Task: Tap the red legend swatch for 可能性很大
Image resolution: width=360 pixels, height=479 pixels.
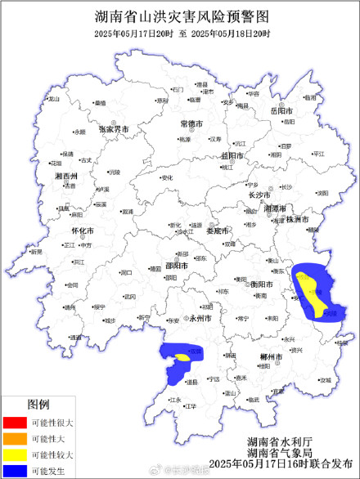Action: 16,423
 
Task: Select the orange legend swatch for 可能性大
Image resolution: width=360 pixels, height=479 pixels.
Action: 16,438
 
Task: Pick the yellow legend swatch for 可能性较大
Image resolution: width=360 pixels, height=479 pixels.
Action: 16,454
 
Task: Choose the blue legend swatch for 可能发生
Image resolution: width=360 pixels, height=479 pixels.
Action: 16,469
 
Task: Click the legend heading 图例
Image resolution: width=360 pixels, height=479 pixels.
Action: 38,405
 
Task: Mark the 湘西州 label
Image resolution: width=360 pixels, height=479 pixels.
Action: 66,177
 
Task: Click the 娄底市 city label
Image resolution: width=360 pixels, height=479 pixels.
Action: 216,231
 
